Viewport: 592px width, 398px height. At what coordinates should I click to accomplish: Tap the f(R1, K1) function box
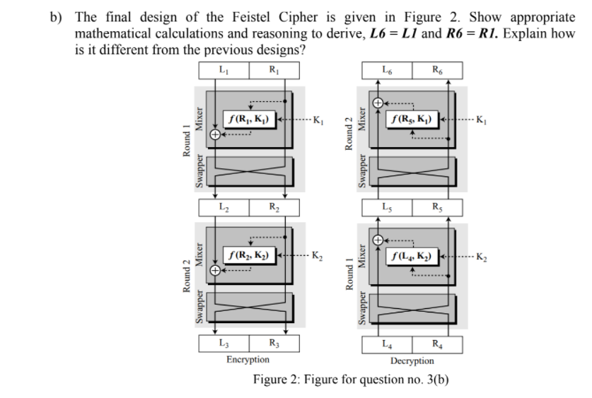pos(250,118)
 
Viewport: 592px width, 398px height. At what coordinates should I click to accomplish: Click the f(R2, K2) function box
pos(250,252)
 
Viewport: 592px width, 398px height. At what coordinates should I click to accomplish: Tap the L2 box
pos(223,207)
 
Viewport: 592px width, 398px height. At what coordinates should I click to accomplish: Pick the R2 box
pos(273,207)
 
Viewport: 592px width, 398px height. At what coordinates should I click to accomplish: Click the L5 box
pos(385,207)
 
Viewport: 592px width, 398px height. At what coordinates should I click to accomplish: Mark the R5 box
pos(436,207)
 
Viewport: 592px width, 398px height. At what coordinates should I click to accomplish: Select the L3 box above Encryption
pos(223,344)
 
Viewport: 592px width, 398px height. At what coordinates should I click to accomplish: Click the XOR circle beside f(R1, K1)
pos(211,138)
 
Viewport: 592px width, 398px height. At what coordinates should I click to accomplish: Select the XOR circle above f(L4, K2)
pos(378,240)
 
